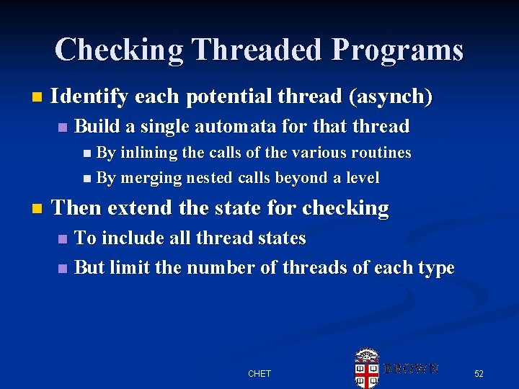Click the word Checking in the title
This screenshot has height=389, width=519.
[x=119, y=50]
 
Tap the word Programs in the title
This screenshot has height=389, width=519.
[x=397, y=50]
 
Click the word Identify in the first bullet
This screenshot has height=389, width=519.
[x=90, y=96]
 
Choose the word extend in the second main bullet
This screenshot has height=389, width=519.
[x=134, y=208]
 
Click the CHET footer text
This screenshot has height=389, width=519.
[x=259, y=373]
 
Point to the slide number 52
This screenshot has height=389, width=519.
[x=479, y=373]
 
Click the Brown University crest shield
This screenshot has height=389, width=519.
[x=366, y=369]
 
